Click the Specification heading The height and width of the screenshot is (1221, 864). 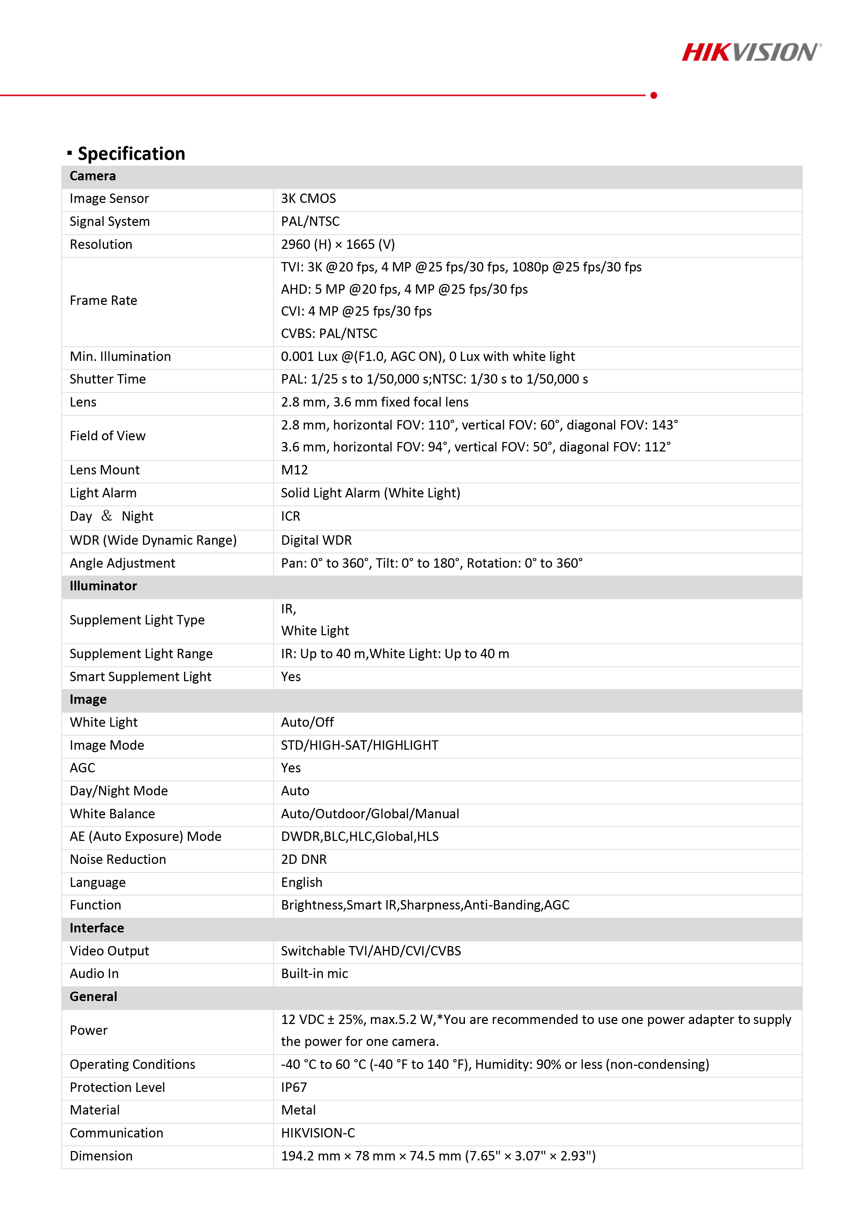click(131, 154)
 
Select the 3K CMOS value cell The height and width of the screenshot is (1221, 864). click(309, 199)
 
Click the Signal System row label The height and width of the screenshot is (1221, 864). click(110, 222)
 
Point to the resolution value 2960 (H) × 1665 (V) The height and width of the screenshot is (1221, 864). click(338, 245)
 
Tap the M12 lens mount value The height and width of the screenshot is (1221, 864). click(294, 470)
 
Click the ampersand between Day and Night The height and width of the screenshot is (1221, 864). click(107, 516)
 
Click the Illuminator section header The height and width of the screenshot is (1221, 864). click(103, 586)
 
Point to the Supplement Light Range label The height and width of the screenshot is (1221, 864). click(141, 654)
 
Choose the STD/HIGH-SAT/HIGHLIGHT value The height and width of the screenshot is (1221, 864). click(360, 746)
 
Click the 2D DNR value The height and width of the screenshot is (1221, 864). click(304, 860)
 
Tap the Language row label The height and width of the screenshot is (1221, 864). click(98, 883)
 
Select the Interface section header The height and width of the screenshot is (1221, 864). click(97, 929)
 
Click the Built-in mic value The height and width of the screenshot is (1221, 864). click(314, 974)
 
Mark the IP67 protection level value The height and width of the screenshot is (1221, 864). click(294, 1088)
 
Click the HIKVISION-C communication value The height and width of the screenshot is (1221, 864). click(318, 1134)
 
